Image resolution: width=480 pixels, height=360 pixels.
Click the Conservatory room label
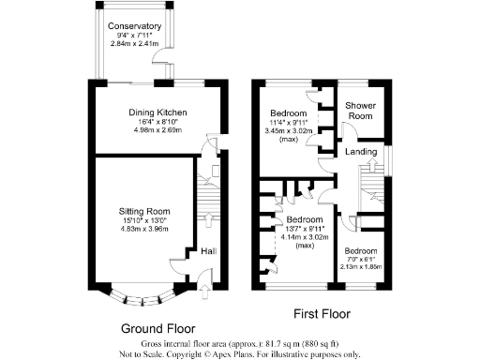tap(133, 26)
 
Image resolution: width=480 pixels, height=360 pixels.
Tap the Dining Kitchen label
tap(157, 112)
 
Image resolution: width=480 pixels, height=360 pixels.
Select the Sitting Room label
tap(142, 211)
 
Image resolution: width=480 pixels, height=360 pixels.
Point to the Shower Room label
tap(360, 111)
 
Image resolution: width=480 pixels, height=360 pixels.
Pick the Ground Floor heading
tap(158, 328)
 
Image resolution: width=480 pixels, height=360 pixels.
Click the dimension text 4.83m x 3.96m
tap(142, 230)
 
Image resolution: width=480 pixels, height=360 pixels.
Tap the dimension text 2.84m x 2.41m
tap(133, 44)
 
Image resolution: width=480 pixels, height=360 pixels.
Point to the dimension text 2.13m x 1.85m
tap(360, 267)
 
